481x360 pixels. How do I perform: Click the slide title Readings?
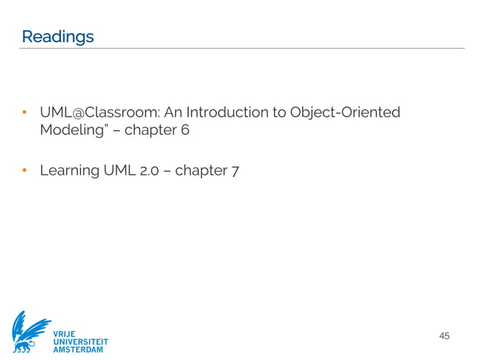tap(57, 36)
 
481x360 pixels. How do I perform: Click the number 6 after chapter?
tap(184, 130)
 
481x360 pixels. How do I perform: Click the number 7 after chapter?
tap(236, 170)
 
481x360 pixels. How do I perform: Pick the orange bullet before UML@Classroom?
tap(24, 114)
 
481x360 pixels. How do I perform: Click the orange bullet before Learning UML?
tap(24, 171)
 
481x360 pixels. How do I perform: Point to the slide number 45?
tap(444, 335)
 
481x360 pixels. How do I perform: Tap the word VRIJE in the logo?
tap(65, 332)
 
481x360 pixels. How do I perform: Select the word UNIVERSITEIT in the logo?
tap(81, 341)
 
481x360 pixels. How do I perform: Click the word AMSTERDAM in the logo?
tap(78, 350)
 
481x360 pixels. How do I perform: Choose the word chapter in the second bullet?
tap(201, 170)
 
